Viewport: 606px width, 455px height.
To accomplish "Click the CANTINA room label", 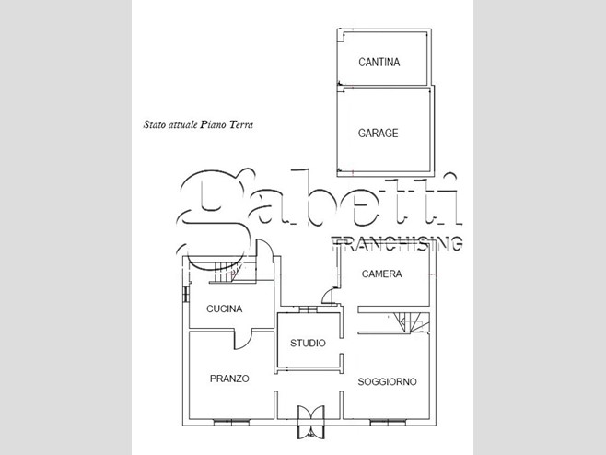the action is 379,63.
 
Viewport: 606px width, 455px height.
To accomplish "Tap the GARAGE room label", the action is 378,133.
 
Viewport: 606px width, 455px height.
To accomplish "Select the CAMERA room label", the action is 382,274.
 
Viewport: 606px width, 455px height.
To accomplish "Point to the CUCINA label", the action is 224,309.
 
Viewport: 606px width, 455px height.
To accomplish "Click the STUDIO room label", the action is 308,343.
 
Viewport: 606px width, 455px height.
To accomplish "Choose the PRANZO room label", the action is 229,379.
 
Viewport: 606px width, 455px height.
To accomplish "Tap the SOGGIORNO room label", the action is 387,382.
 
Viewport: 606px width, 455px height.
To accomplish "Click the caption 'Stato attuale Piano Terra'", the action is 198,124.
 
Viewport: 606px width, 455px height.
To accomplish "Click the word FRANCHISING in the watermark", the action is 397,243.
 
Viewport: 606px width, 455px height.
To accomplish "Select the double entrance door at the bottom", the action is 310,422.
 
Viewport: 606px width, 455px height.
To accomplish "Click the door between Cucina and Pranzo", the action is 243,340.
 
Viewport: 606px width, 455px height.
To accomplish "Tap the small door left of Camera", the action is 328,296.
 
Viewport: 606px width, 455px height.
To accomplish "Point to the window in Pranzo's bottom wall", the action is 231,423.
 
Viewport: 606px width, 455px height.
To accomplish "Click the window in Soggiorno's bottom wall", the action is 388,423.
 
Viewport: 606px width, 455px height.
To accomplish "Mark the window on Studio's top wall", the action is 308,309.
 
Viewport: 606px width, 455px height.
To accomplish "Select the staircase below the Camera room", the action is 412,322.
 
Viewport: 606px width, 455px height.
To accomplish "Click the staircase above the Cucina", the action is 225,272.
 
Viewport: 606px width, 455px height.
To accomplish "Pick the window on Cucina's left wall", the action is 186,295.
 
